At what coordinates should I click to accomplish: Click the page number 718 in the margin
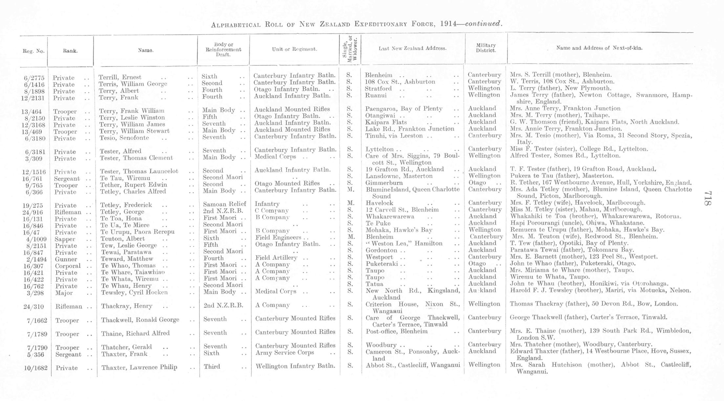(x=708, y=198)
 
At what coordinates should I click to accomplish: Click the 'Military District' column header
(x=486, y=48)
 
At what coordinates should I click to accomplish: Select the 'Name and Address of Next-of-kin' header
(x=599, y=48)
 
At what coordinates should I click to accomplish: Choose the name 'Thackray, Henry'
(x=126, y=306)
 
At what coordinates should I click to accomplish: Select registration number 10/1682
(x=36, y=368)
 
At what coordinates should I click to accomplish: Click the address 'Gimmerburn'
(x=384, y=183)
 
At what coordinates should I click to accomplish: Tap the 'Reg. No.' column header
(x=33, y=51)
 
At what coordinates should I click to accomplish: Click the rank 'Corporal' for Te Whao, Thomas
(x=68, y=266)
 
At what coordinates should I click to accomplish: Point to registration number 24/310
(x=34, y=307)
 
